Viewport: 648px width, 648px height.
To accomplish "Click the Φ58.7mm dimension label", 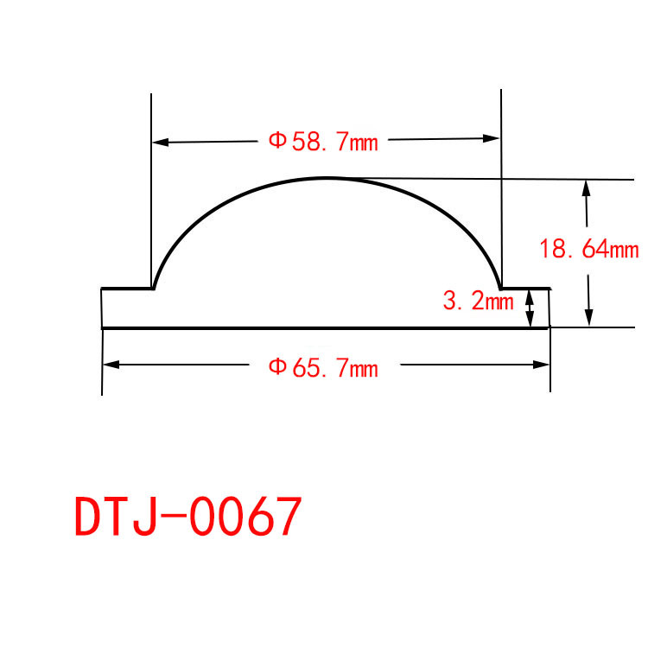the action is coord(323,142).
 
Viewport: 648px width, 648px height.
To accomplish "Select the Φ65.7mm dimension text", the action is coord(323,367).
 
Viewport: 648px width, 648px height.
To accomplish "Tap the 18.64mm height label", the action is coord(589,249).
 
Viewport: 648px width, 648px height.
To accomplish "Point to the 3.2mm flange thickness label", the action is coord(478,301).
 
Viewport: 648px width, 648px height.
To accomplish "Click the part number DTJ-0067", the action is coord(188,516).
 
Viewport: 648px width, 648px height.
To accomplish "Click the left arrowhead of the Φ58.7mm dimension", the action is coord(161,143).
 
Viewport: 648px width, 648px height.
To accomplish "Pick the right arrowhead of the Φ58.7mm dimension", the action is coord(492,139).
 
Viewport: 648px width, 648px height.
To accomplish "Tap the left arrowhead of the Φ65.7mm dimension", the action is coord(111,365).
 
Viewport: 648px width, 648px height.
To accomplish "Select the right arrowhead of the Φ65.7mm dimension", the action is coord(541,365).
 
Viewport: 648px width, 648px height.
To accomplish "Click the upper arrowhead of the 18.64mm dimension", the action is coord(586,188).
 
